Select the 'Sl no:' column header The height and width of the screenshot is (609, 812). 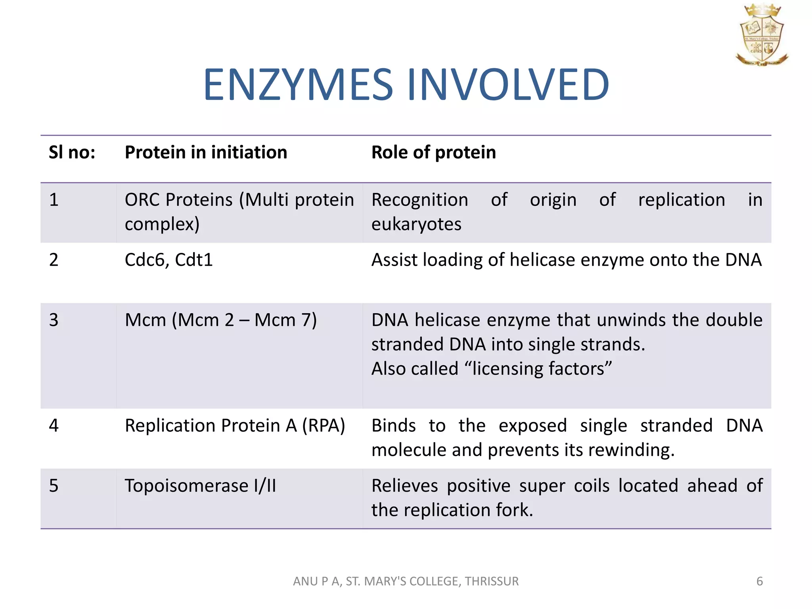pyautogui.click(x=72, y=153)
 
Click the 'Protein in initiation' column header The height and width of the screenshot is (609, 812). pyautogui.click(x=206, y=153)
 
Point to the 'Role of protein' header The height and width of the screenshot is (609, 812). pyautogui.click(x=433, y=153)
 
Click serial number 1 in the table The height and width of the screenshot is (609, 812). pyautogui.click(x=54, y=200)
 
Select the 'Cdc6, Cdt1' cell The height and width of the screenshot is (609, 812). pyautogui.click(x=169, y=260)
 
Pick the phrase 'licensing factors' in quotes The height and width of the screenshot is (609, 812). pyautogui.click(x=538, y=369)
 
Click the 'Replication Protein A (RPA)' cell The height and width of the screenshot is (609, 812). pyautogui.click(x=235, y=426)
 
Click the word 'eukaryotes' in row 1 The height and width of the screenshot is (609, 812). pyautogui.click(x=416, y=224)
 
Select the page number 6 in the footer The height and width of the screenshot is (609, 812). pyautogui.click(x=760, y=581)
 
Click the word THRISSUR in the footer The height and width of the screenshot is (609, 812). pyautogui.click(x=492, y=581)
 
